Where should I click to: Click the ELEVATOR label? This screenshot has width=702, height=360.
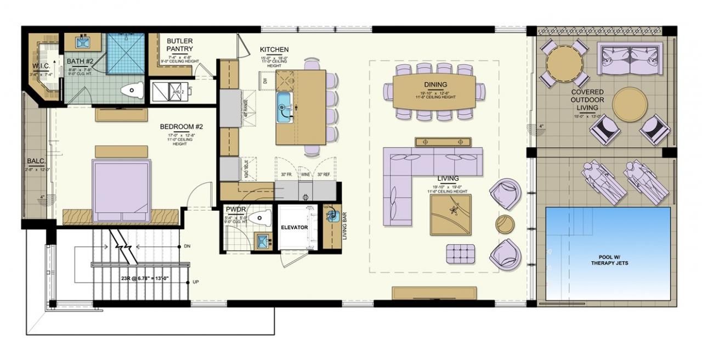[x=295, y=227]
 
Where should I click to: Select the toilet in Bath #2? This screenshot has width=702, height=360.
[x=131, y=91]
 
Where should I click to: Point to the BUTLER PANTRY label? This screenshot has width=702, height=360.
[x=180, y=45]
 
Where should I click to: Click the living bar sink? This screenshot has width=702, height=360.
[x=332, y=216]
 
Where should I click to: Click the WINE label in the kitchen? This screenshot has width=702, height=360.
[x=306, y=174]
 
